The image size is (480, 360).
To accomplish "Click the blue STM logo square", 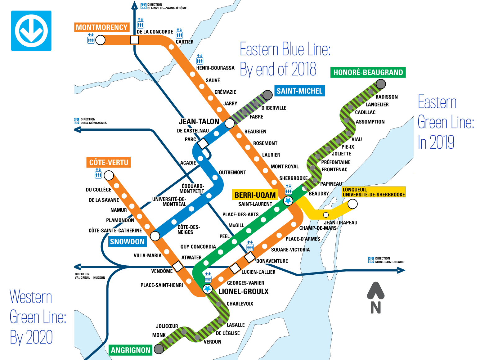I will (31, 31).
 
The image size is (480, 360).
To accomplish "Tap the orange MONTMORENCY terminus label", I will (102, 27).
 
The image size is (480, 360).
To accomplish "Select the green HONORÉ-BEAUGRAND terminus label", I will (368, 72).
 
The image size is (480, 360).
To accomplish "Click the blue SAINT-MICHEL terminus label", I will (299, 91).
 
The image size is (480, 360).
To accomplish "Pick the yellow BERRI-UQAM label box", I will (255, 195).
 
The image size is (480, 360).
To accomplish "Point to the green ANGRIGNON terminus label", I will (130, 350).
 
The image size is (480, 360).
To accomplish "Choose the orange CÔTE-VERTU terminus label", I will (109, 162).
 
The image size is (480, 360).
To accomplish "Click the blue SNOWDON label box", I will (127, 241).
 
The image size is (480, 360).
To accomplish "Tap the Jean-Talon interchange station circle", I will (230, 124).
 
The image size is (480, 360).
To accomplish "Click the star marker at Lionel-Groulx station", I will (207, 289).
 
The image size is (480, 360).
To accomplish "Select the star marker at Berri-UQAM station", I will (288, 201).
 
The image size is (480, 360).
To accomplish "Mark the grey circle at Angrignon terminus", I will (159, 349).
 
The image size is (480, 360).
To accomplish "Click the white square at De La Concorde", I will (134, 40).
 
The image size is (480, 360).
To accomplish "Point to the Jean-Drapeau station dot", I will (326, 215).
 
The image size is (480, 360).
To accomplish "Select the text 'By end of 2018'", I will (278, 69).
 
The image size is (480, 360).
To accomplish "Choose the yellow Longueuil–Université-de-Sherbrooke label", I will (374, 192).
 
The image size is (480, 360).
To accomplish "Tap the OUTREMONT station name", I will (232, 173).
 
